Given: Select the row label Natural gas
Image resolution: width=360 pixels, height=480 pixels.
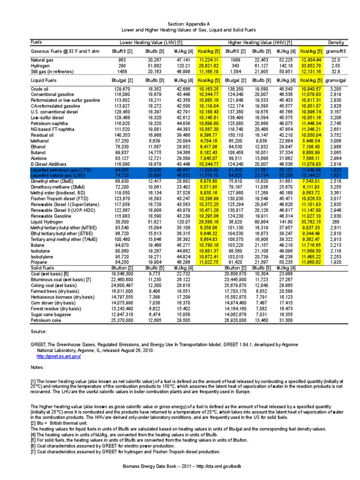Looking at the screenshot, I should (x=42, y=60).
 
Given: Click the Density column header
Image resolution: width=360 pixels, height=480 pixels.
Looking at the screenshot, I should (x=336, y=42).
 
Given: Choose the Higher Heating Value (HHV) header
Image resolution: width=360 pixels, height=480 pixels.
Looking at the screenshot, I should (x=260, y=42).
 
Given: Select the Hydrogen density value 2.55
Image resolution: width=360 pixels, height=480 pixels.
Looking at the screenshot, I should (x=336, y=66).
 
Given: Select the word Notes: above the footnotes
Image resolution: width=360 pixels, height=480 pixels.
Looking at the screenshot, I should (x=38, y=367).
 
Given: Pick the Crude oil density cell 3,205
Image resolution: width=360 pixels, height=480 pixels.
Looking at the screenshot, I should (x=335, y=89).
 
